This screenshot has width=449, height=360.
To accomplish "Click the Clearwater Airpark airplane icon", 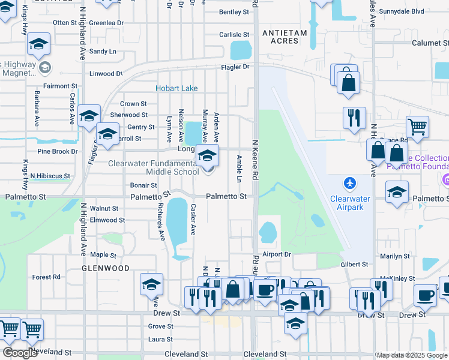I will (350, 182).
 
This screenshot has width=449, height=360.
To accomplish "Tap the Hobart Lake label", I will (176, 88).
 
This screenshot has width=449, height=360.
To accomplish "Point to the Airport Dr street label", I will (276, 254).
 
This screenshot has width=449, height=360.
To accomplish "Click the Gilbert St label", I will (354, 264).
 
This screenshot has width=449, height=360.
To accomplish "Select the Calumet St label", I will (429, 43).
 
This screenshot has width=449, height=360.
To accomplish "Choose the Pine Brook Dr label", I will (58, 151).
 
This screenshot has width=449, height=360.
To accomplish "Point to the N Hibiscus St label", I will (50, 176).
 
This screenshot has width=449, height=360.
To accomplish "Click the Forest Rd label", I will (46, 277).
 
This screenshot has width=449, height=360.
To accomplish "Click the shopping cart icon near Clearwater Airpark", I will (417, 127).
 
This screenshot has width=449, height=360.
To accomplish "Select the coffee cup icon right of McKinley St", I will (426, 296).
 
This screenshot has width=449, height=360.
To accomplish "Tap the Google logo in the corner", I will (20, 353).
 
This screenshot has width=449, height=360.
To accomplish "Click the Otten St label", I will (65, 22).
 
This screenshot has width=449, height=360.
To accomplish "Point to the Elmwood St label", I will (107, 220).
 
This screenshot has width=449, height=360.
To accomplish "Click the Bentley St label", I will (234, 11).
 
